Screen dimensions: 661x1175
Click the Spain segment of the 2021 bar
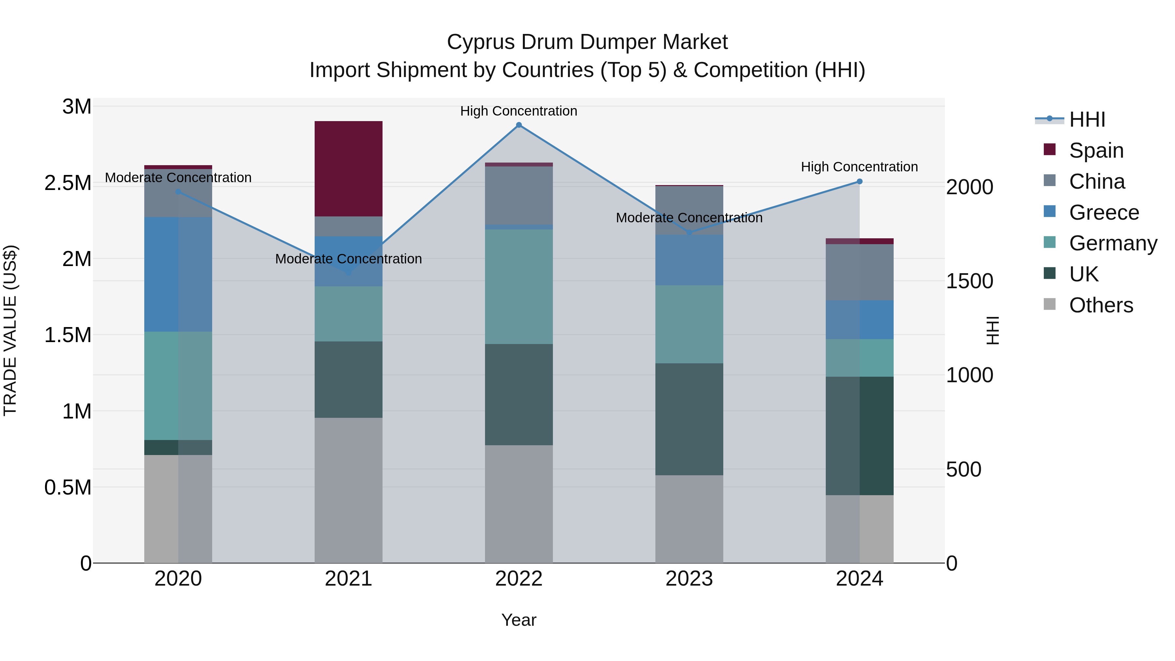(x=349, y=169)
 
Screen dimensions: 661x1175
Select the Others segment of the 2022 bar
(x=519, y=504)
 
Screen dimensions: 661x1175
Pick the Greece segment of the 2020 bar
(x=178, y=274)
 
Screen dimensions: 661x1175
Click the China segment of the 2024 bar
(x=859, y=272)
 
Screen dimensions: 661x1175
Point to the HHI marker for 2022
(x=519, y=125)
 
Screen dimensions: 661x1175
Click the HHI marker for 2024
(x=859, y=181)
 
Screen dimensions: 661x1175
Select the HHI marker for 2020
(x=178, y=192)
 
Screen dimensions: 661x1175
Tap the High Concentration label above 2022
(x=519, y=111)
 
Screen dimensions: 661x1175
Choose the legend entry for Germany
(x=1113, y=243)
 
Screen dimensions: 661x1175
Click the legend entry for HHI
(x=1087, y=119)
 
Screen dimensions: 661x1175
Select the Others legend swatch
(x=1050, y=304)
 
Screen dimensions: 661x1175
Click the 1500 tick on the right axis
(x=969, y=281)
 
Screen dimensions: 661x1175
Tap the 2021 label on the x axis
(x=349, y=579)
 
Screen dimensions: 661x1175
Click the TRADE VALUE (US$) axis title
(x=10, y=330)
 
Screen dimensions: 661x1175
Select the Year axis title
(x=519, y=620)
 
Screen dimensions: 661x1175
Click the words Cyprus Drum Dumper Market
(x=587, y=42)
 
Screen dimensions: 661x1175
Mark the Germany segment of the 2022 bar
(x=519, y=287)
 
